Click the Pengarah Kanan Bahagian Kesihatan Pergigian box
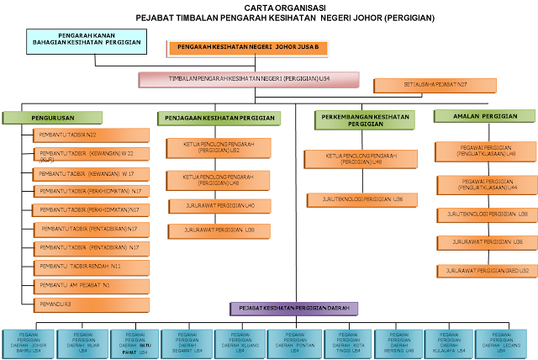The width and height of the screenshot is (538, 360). (x=86, y=41)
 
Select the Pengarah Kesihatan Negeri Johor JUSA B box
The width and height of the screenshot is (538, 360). (x=248, y=48)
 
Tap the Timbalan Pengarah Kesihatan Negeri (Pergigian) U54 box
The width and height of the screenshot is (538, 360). (x=249, y=80)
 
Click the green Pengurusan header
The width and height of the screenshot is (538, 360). (x=53, y=118)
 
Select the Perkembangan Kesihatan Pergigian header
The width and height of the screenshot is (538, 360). (x=365, y=120)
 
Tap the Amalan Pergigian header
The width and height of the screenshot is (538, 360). (x=480, y=116)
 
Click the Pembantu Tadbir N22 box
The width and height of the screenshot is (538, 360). (x=92, y=135)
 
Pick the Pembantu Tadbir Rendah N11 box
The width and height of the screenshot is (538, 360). (x=92, y=267)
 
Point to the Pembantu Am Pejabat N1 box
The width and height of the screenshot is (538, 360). (x=92, y=285)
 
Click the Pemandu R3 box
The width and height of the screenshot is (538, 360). (x=92, y=303)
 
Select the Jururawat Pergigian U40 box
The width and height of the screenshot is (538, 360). (x=218, y=206)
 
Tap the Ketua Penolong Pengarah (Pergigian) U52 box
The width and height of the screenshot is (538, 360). (x=218, y=149)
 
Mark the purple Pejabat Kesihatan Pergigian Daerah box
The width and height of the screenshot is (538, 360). (x=294, y=309)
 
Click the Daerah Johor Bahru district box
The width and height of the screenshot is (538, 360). (x=28, y=344)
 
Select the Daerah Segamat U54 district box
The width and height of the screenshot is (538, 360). (x=187, y=344)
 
